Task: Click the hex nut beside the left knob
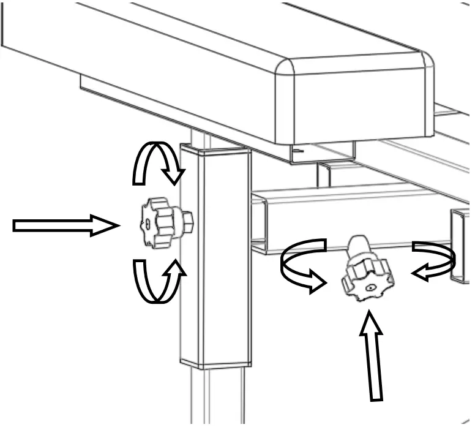pyautogui.click(x=187, y=220)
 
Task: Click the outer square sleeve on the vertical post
pyautogui.click(x=215, y=257)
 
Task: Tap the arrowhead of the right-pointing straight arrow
pyautogui.click(x=105, y=226)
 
